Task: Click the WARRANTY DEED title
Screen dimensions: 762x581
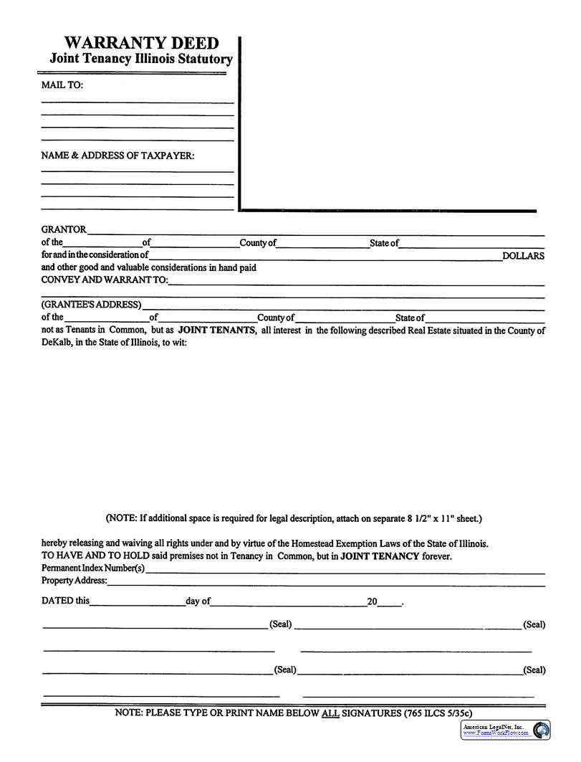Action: coord(141,43)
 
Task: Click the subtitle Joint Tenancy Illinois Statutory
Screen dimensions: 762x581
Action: coord(141,59)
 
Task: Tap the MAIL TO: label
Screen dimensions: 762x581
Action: coord(62,85)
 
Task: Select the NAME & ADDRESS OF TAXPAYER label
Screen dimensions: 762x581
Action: coord(117,155)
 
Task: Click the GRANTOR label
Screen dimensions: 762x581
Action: coord(64,229)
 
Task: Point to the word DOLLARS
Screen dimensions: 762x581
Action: coord(523,256)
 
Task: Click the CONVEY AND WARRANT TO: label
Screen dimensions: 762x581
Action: coord(104,280)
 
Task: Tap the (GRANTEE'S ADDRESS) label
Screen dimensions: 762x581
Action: coord(91,304)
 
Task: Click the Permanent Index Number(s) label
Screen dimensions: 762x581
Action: coord(93,568)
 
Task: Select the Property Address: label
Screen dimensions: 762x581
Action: coord(75,581)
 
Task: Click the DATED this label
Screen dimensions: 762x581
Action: coord(65,601)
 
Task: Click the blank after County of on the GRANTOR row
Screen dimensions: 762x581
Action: coord(322,244)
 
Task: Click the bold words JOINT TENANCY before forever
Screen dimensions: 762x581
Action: coord(380,556)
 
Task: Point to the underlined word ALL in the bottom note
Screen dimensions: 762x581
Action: coord(330,713)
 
